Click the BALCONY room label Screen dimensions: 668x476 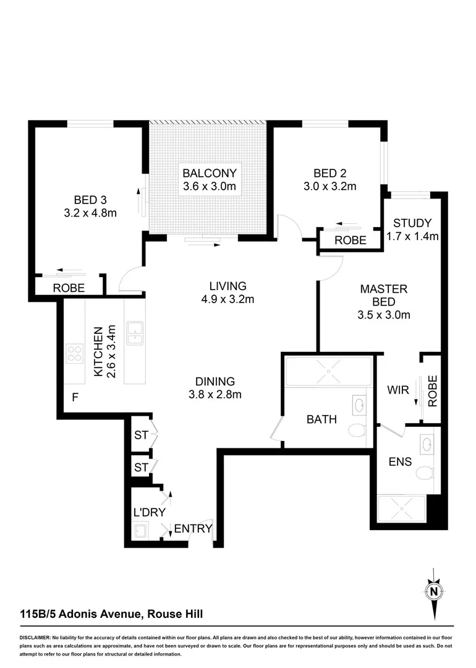click(x=210, y=173)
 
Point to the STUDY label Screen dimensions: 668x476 click(x=412, y=223)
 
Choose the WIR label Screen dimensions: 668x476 click(x=397, y=391)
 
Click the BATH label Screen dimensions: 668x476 click(x=321, y=419)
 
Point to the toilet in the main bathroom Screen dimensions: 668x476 click(x=357, y=430)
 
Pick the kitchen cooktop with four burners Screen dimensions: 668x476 click(x=75, y=354)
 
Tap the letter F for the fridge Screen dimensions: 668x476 click(x=74, y=397)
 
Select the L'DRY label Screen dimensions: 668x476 click(x=147, y=513)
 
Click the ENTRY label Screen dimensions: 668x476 click(x=193, y=529)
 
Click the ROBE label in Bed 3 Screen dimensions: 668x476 click(x=69, y=288)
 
